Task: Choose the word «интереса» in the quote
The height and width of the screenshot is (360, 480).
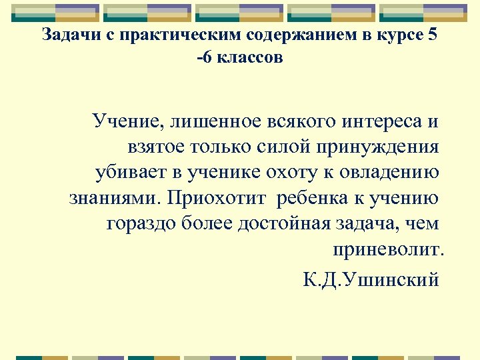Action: point(373,122)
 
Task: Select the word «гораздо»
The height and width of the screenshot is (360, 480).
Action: point(141,223)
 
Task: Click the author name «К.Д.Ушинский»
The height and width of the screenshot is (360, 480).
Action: point(371,278)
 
